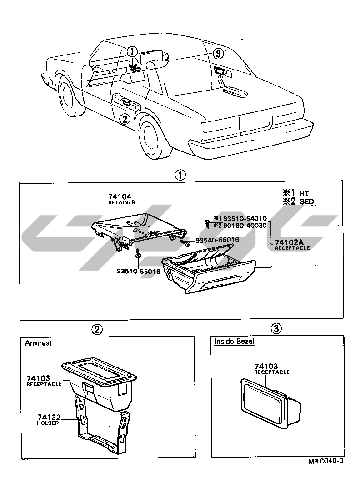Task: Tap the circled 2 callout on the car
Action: (125, 119)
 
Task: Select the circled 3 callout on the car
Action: (218, 54)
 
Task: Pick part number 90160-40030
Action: (241, 225)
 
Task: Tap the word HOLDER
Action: (48, 423)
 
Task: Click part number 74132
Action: (48, 417)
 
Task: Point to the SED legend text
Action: (307, 201)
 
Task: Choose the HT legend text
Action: (305, 193)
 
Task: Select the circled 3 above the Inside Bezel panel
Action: (276, 328)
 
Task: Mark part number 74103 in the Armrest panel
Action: (38, 378)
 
